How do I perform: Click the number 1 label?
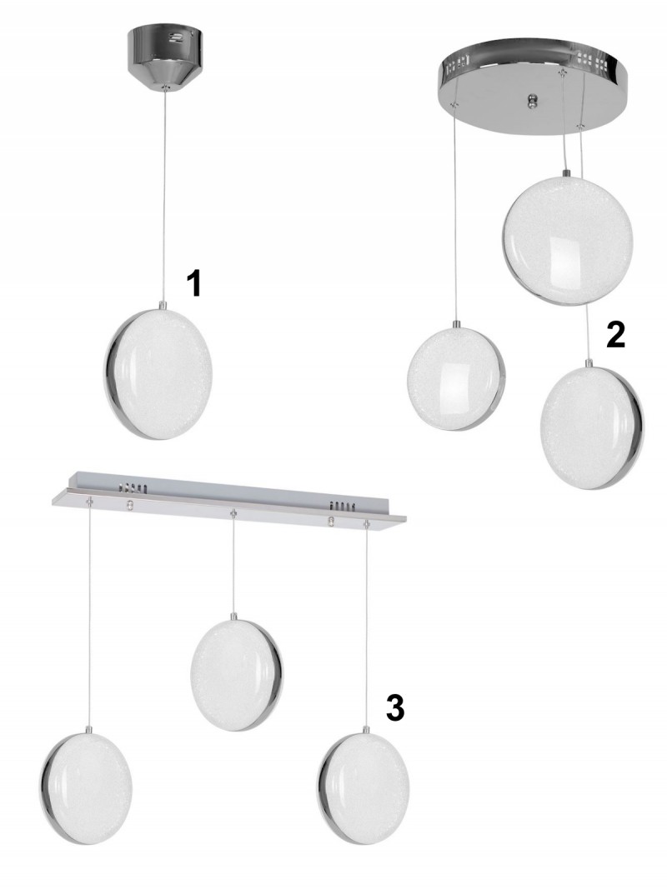tap(194, 283)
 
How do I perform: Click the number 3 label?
tap(394, 708)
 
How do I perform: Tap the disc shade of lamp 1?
tap(158, 373)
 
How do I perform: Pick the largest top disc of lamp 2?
tap(567, 241)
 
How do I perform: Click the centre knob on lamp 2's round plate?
tap(531, 101)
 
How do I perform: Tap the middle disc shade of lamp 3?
tap(237, 675)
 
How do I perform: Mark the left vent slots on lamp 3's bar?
tap(133, 487)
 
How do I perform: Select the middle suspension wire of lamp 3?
tap(233, 564)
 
